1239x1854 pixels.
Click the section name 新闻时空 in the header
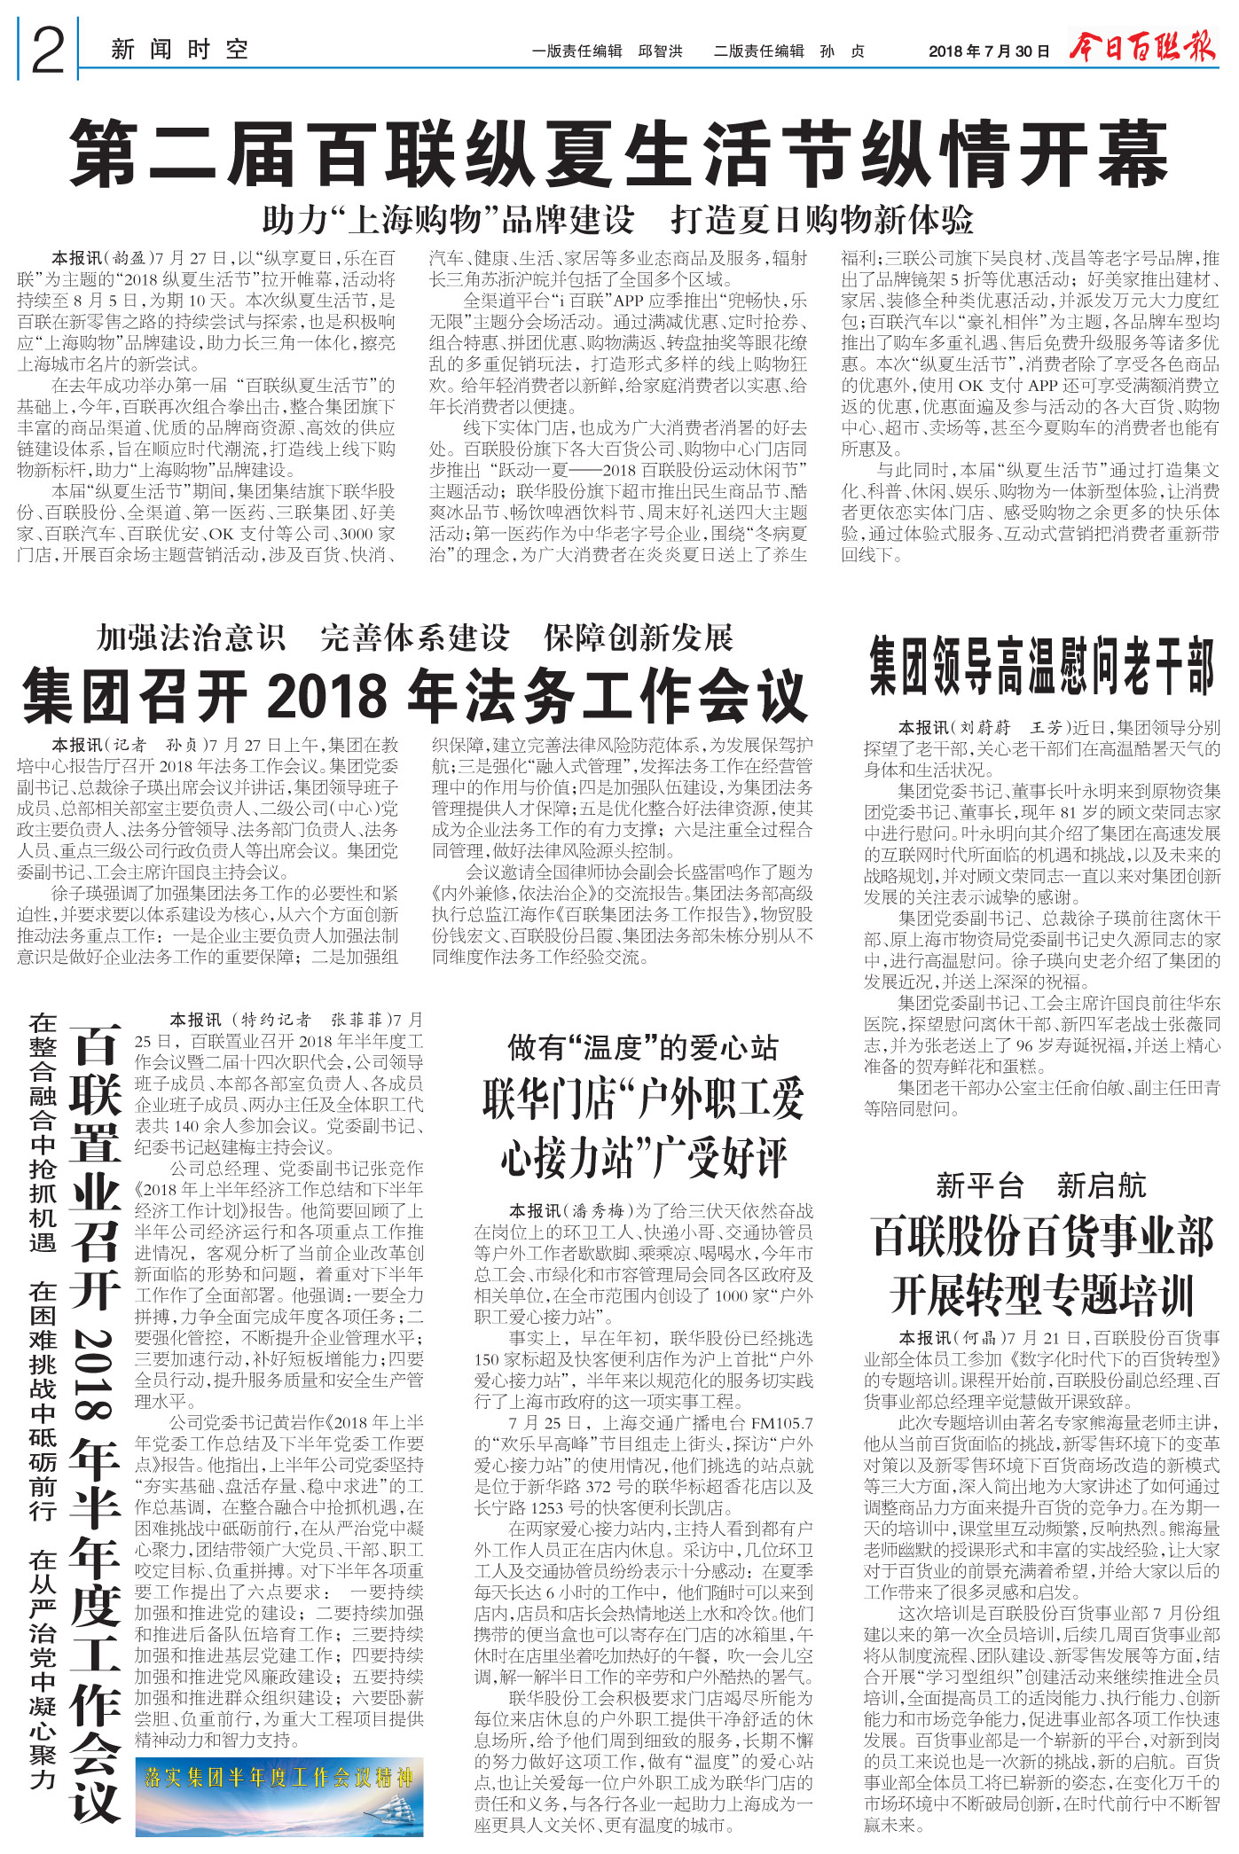pyautogui.click(x=180, y=50)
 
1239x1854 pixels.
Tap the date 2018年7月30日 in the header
pyautogui.click(x=988, y=51)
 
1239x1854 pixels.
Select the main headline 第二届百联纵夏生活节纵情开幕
pyautogui.click(x=618, y=154)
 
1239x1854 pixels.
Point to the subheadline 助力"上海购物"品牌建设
pyautogui.click(x=448, y=219)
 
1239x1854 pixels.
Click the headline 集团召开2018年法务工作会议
pyautogui.click(x=414, y=697)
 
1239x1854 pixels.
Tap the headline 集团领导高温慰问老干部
pyautogui.click(x=1041, y=666)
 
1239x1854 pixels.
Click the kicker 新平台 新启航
pyautogui.click(x=1040, y=1185)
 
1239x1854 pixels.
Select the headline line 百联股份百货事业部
pyautogui.click(x=1042, y=1236)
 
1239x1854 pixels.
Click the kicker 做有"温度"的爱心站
pyautogui.click(x=642, y=1047)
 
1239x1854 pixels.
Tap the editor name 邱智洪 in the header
pyautogui.click(x=661, y=51)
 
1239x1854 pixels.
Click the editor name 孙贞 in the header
pyautogui.click(x=842, y=51)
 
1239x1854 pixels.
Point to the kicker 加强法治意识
pyautogui.click(x=191, y=637)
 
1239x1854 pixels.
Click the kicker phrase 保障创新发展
pyautogui.click(x=639, y=637)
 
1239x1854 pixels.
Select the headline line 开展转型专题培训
pyautogui.click(x=1042, y=1295)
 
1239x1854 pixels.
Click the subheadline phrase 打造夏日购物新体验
pyautogui.click(x=822, y=219)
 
